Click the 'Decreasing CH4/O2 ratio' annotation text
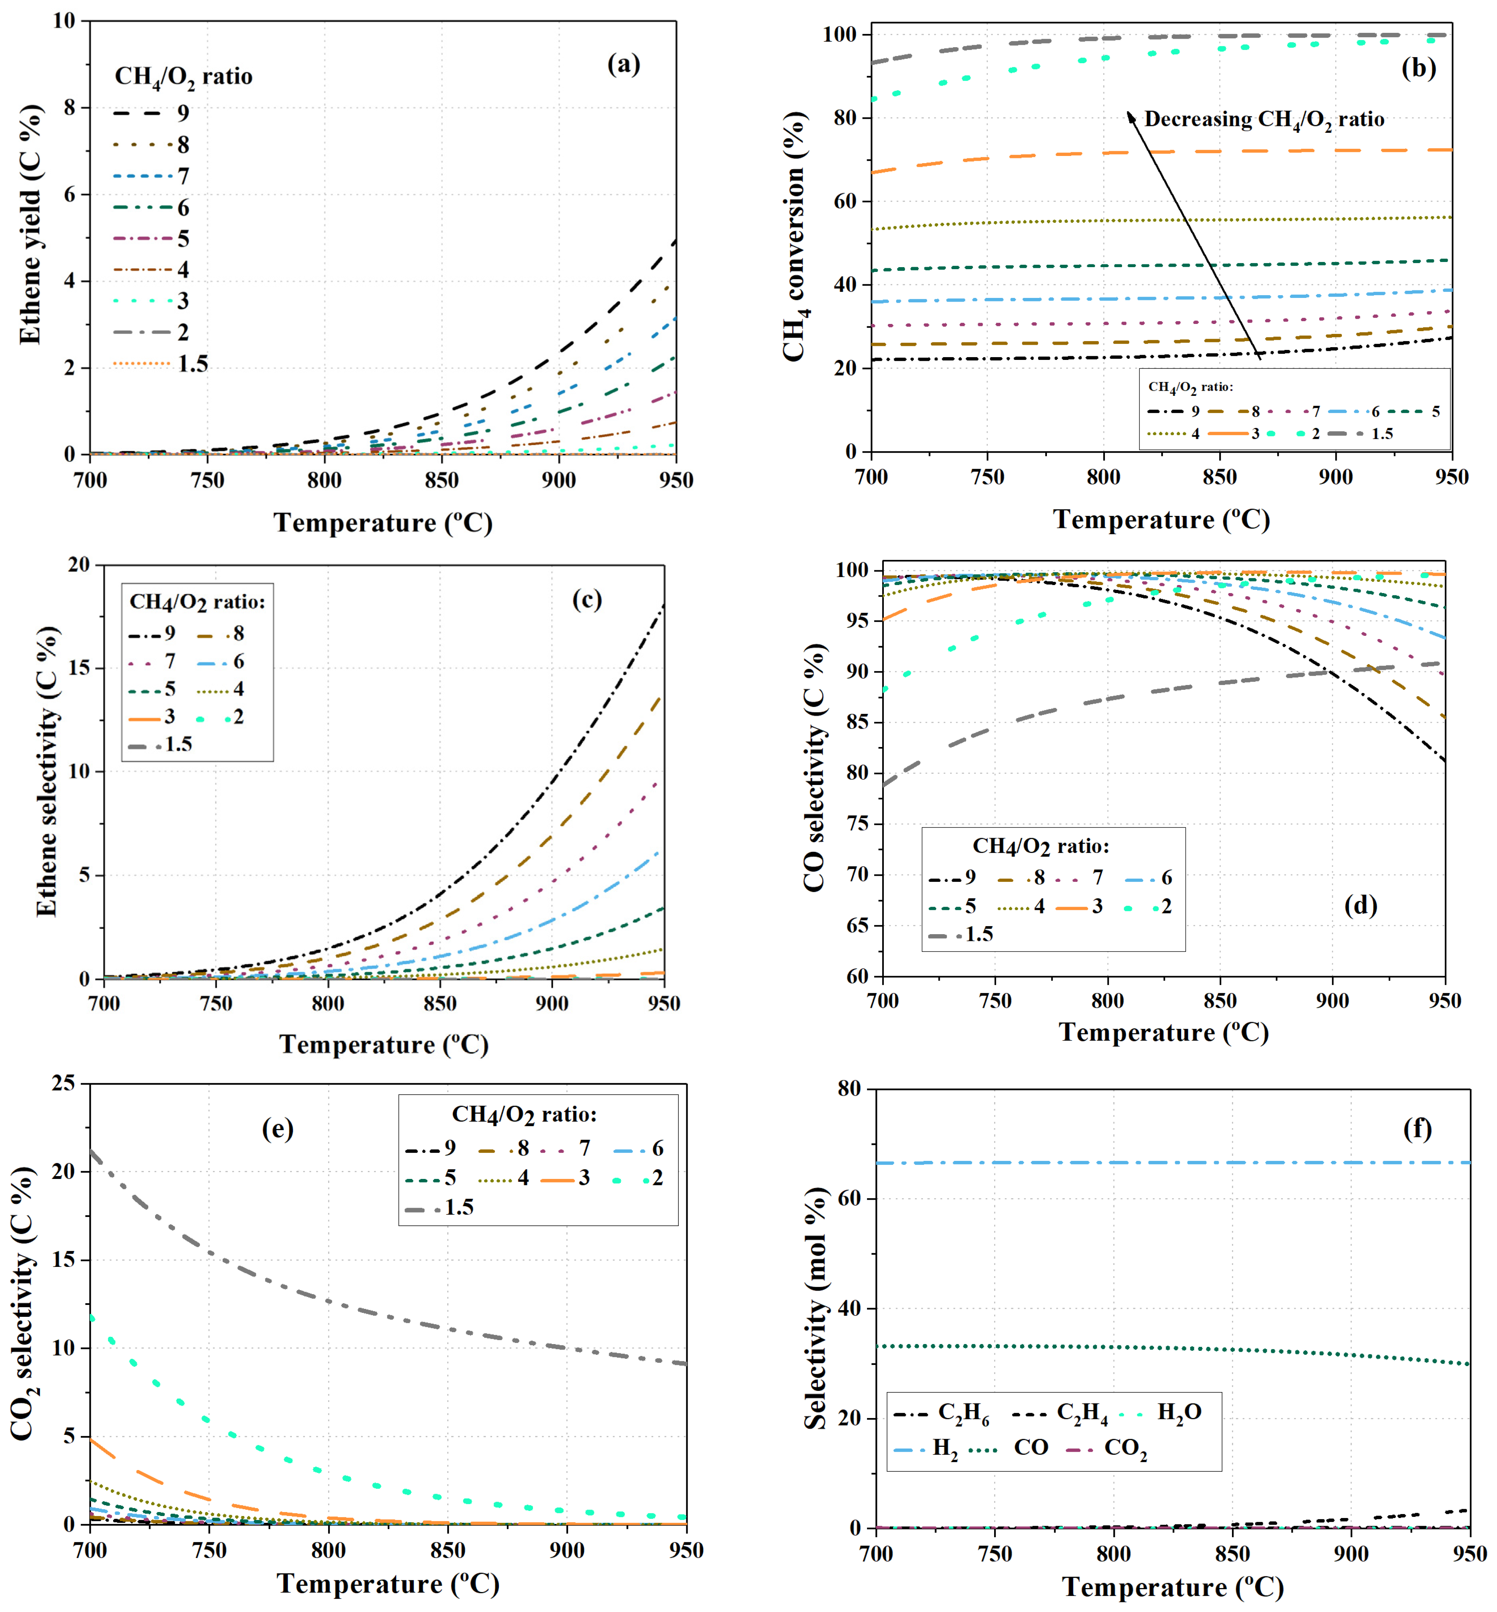[x=1264, y=120]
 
